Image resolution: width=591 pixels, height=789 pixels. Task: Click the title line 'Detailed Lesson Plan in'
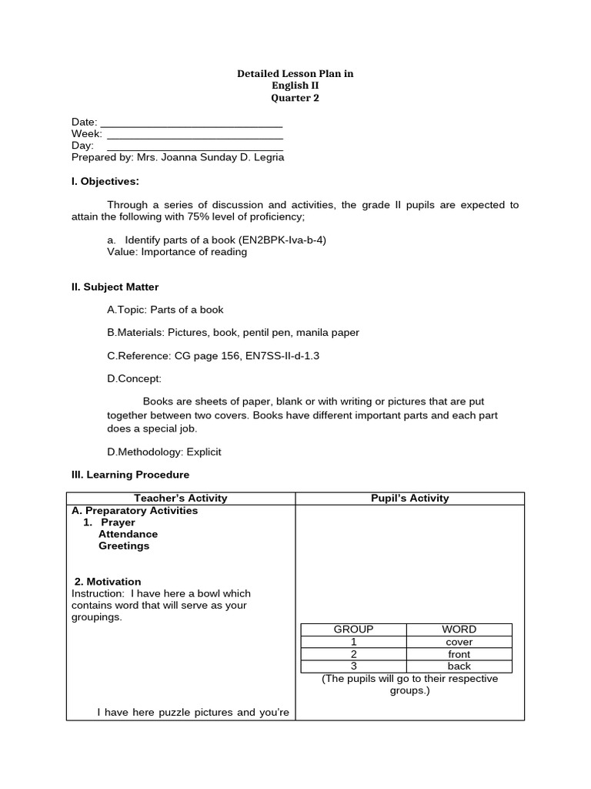pos(295,74)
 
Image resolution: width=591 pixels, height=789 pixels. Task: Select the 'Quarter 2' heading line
pos(295,98)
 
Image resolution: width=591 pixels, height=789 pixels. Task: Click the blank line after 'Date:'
pos(192,123)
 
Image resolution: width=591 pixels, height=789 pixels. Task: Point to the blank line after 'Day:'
pos(195,146)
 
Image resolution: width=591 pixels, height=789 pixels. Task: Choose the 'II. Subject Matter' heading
pos(115,287)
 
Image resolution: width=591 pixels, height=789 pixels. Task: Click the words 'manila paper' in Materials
pos(330,333)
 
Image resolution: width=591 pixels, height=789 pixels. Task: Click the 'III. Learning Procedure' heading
pos(130,475)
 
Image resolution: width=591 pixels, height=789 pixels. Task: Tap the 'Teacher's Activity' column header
pos(181,499)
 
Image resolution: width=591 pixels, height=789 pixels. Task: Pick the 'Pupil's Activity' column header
pos(409,499)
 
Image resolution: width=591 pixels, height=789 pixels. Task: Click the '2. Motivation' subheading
pos(108,582)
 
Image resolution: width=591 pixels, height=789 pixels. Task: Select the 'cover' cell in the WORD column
pos(459,642)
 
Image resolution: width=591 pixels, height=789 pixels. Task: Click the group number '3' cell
pos(353,666)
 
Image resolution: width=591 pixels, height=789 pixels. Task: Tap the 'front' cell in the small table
pos(459,654)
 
